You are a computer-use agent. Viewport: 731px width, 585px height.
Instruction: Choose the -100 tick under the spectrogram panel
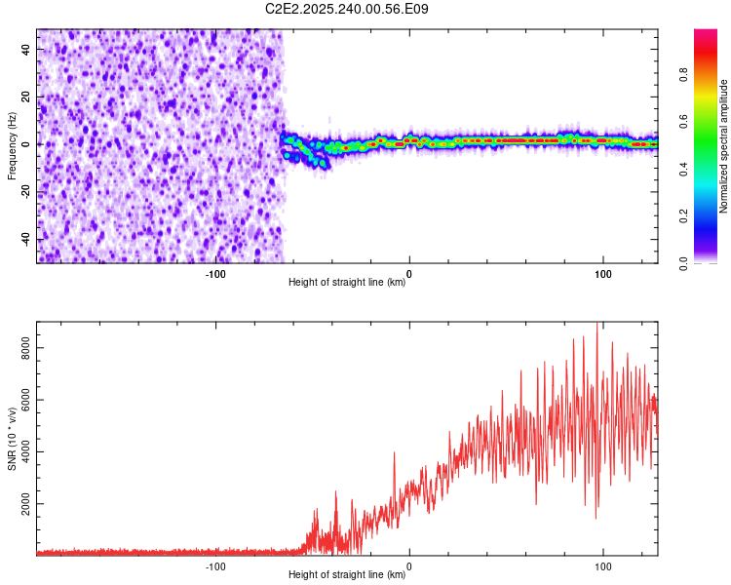click(215, 273)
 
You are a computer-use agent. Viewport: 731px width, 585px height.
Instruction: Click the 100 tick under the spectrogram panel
click(602, 273)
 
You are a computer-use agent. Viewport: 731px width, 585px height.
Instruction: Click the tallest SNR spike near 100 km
click(597, 326)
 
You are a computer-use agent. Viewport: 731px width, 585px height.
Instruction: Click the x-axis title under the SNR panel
click(347, 575)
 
